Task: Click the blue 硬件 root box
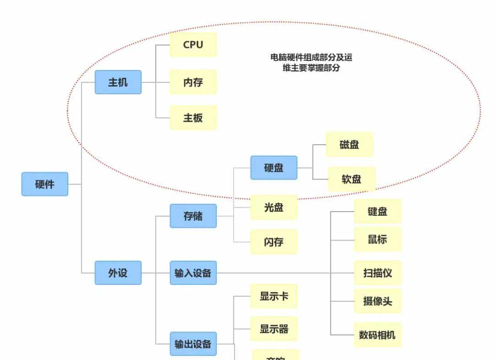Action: click(44, 184)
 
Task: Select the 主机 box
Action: click(118, 82)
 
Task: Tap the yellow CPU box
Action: click(193, 45)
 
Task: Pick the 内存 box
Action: click(193, 82)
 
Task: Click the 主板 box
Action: click(193, 118)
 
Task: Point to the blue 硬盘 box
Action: click(274, 168)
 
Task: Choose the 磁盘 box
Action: click(349, 145)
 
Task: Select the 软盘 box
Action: click(351, 179)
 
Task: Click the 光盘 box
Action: click(274, 207)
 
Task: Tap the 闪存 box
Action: click(274, 242)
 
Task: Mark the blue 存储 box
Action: click(193, 216)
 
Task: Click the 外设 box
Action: click(118, 273)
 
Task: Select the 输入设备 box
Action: click(193, 273)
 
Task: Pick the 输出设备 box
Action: click(193, 344)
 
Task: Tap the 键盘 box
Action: click(377, 211)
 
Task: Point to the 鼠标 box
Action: click(377, 239)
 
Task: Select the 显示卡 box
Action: click(274, 296)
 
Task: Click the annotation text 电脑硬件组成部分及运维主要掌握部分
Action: click(311, 63)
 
